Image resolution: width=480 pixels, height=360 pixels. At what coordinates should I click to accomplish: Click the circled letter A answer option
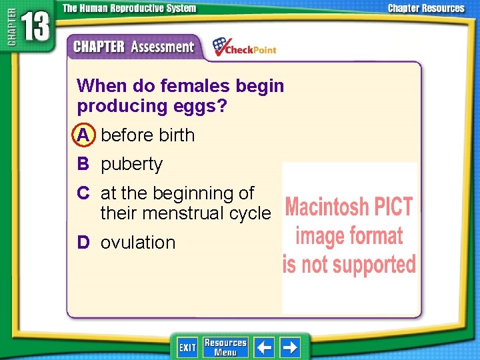point(83,135)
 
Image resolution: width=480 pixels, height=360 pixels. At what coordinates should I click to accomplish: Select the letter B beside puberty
point(83,164)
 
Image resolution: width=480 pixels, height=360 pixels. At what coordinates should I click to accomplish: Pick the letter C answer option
point(83,193)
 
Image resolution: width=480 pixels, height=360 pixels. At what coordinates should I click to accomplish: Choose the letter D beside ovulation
point(83,243)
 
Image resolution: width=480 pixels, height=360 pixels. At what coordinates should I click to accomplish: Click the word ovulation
point(138,243)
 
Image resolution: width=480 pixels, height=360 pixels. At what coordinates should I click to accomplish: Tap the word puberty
point(131,165)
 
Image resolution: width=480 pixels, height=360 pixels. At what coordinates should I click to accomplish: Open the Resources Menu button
point(225,347)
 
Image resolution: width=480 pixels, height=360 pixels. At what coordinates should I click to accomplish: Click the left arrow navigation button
point(265,347)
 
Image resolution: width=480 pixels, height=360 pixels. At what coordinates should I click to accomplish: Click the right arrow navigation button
point(290,347)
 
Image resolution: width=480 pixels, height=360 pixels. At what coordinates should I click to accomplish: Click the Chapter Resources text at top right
point(427,9)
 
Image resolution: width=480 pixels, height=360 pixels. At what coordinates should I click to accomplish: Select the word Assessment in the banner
point(162,47)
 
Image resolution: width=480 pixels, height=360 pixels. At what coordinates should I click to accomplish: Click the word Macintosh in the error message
point(325,207)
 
